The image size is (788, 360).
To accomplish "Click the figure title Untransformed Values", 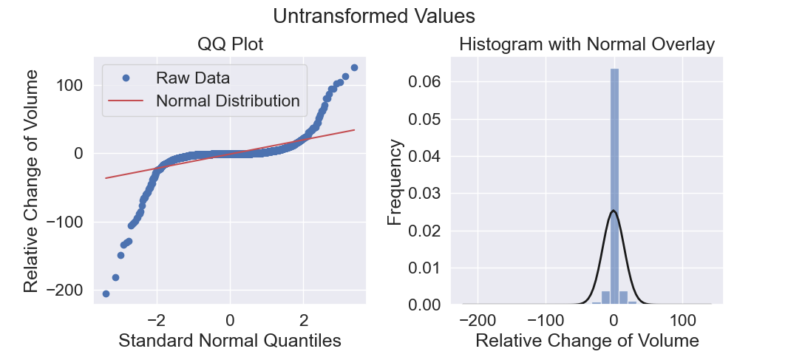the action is pyautogui.click(x=374, y=16).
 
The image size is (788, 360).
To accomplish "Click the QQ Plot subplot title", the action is pyautogui.click(x=230, y=44).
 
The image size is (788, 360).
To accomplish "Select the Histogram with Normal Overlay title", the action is pyautogui.click(x=587, y=44).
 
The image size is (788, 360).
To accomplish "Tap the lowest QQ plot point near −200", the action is pyautogui.click(x=106, y=293).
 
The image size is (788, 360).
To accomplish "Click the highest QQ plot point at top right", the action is pyautogui.click(x=354, y=67).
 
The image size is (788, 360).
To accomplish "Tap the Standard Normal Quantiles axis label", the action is pyautogui.click(x=230, y=341).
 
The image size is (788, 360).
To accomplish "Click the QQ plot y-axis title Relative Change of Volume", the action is pyautogui.click(x=30, y=180).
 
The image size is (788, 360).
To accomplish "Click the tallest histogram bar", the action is pyautogui.click(x=614, y=186).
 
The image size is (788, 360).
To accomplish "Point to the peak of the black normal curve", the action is pyautogui.click(x=614, y=211).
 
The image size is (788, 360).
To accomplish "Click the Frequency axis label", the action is pyautogui.click(x=396, y=183).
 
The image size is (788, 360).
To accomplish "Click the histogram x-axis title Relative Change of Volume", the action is pyautogui.click(x=587, y=341).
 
